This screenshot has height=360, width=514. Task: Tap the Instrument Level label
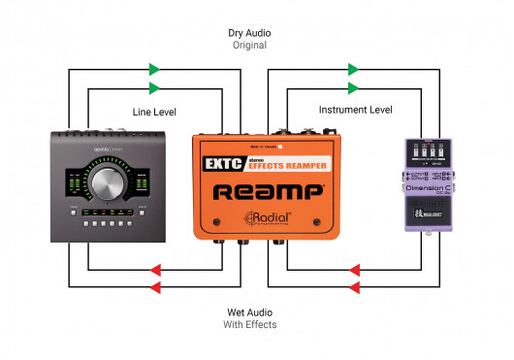pos(355,111)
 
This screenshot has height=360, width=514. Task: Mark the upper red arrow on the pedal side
pos(355,269)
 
